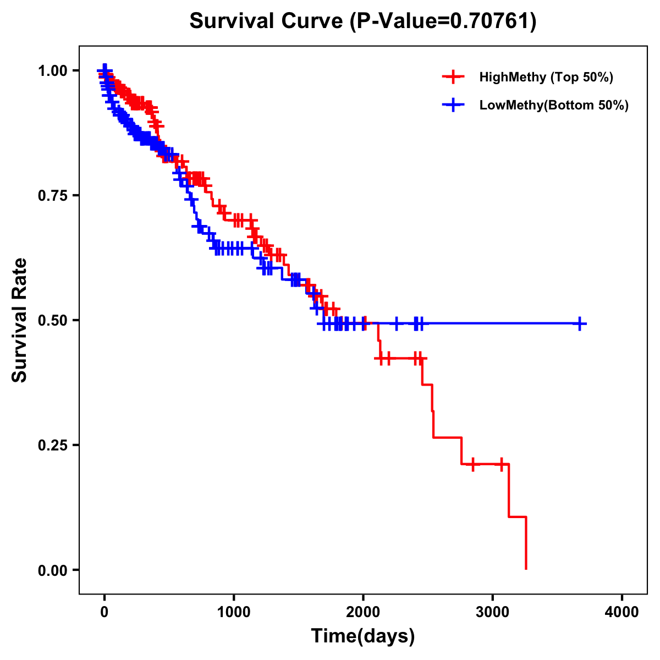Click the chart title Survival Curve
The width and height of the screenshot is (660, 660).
[x=267, y=21]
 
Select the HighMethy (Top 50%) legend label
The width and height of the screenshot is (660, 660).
[x=546, y=77]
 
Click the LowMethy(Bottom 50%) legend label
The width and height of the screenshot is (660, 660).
[x=554, y=105]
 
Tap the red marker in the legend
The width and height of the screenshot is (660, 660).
[x=453, y=77]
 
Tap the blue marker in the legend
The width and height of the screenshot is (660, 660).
[x=453, y=105]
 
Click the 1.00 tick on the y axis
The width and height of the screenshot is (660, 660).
[x=52, y=71]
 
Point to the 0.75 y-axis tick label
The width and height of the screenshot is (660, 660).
[x=52, y=196]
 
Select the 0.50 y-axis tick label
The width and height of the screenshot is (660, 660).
[x=52, y=321]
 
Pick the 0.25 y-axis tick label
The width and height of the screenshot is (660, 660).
[x=52, y=446]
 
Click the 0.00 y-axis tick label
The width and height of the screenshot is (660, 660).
[x=52, y=570]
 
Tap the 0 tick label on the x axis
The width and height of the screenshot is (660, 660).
[x=105, y=612]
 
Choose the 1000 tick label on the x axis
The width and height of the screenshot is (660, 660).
[x=234, y=612]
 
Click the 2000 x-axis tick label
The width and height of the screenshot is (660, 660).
[x=363, y=612]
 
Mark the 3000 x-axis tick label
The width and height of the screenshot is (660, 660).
[x=493, y=612]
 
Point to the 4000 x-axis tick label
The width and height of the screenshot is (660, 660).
[x=622, y=612]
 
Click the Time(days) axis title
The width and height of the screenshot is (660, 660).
[x=363, y=636]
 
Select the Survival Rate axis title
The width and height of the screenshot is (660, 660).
[x=20, y=320]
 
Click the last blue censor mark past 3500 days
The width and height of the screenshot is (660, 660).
[x=579, y=324]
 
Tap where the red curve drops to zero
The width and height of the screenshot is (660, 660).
[x=526, y=569]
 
